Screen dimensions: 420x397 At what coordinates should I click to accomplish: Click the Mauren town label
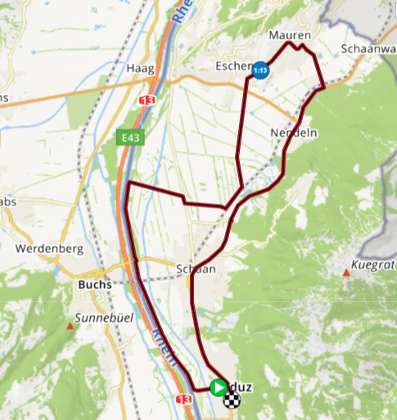(x=290, y=36)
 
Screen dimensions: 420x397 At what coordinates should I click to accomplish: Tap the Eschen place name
(x=233, y=66)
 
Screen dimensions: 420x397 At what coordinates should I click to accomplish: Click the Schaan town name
(x=195, y=269)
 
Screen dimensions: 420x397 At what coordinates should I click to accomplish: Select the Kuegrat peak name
(x=372, y=265)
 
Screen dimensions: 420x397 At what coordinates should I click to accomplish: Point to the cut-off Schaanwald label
(x=368, y=49)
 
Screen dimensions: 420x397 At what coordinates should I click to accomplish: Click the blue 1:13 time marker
(x=260, y=70)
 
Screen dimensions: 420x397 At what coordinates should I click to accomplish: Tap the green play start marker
(x=218, y=386)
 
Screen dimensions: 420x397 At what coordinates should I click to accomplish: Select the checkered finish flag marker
(x=233, y=400)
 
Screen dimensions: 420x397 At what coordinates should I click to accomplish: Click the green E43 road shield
(x=129, y=138)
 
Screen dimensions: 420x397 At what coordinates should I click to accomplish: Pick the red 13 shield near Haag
(x=147, y=100)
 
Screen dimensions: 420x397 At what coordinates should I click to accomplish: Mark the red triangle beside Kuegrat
(x=347, y=276)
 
